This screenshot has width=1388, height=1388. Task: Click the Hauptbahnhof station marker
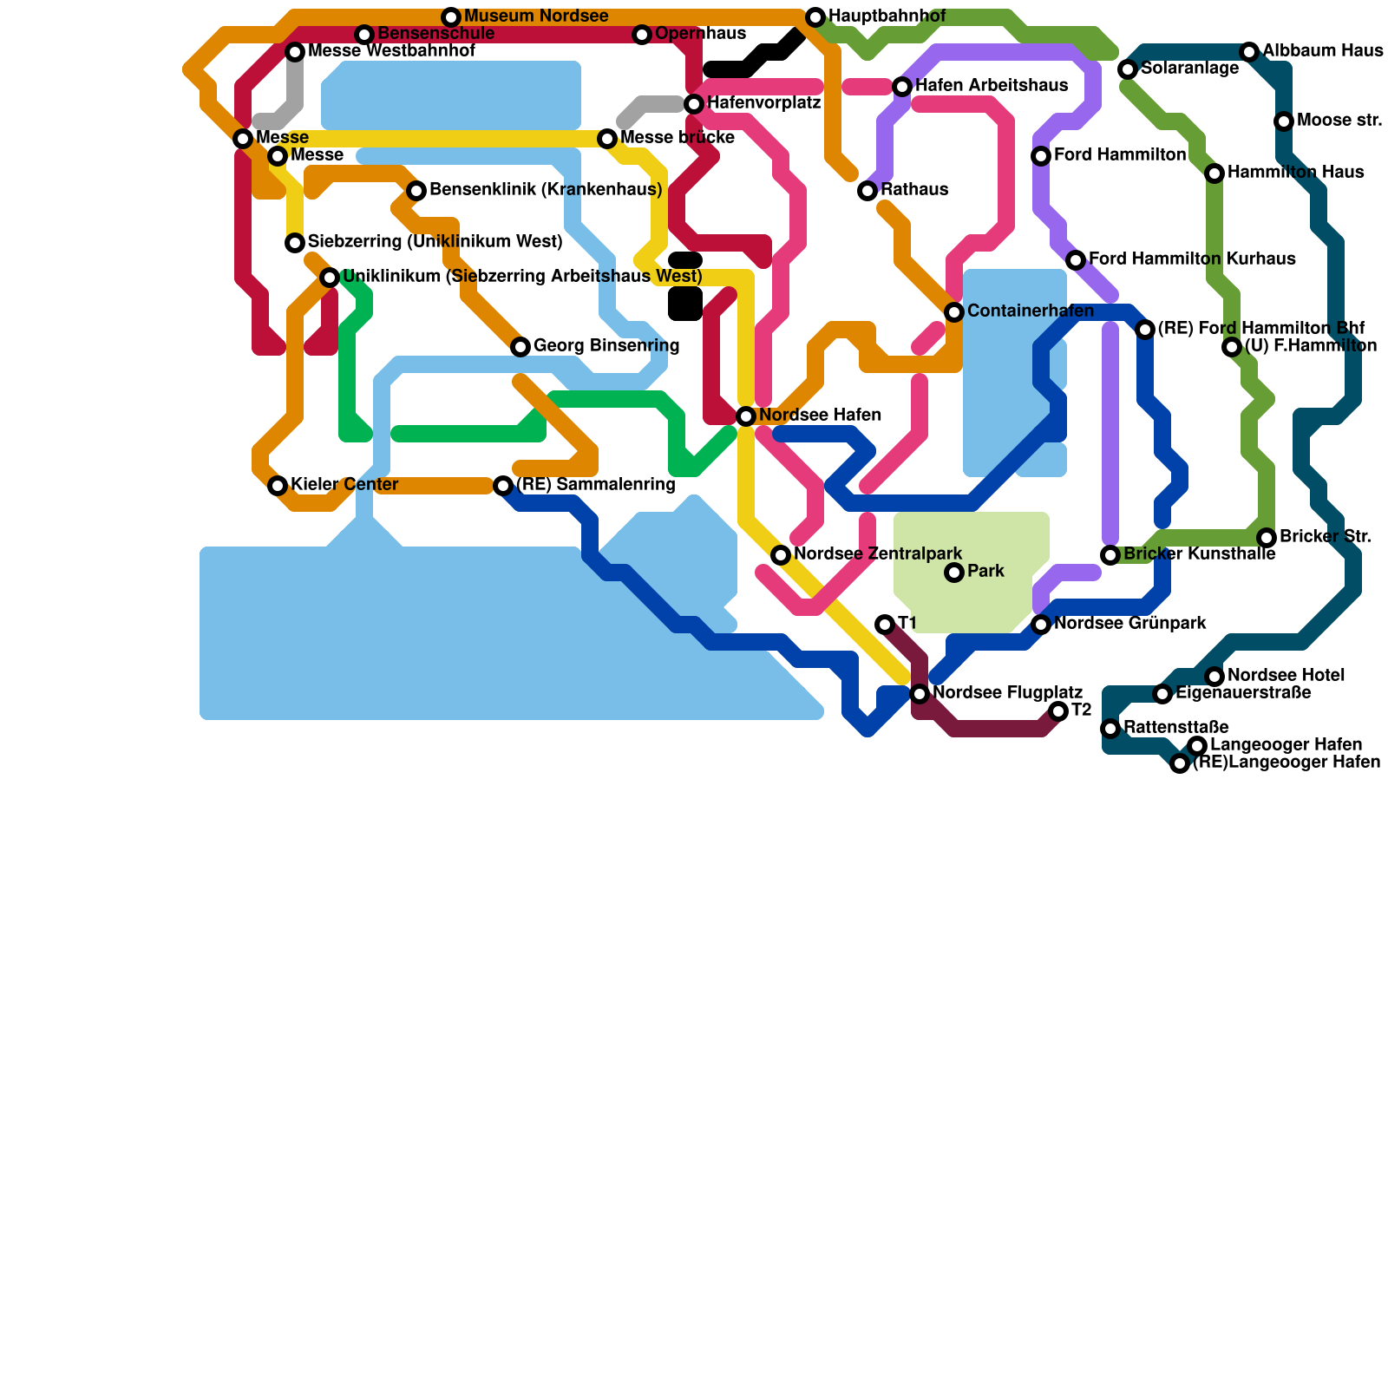815,17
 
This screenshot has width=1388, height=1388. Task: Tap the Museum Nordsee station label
535,16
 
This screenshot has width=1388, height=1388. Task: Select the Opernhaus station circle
642,35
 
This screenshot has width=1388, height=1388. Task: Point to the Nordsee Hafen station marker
746,416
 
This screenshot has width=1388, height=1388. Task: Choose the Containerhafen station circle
954,312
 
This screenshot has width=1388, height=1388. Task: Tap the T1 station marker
885,625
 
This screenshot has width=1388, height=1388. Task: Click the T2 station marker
1058,711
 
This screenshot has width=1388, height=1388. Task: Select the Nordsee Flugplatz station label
1007,693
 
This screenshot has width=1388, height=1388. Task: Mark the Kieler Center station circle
278,486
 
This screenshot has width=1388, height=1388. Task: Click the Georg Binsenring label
606,346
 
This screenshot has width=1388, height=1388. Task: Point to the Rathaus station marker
867,191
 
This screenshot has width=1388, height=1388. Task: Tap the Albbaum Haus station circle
1249,52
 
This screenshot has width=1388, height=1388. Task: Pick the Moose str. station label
1339,121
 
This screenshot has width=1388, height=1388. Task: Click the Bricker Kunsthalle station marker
1110,555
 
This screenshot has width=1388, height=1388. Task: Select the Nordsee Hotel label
1287,676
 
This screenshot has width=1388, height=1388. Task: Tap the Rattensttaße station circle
1110,729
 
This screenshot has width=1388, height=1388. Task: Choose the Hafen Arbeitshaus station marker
902,87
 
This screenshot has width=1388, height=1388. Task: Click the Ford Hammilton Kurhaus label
1192,259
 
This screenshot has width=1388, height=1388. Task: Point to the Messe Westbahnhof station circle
295,52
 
